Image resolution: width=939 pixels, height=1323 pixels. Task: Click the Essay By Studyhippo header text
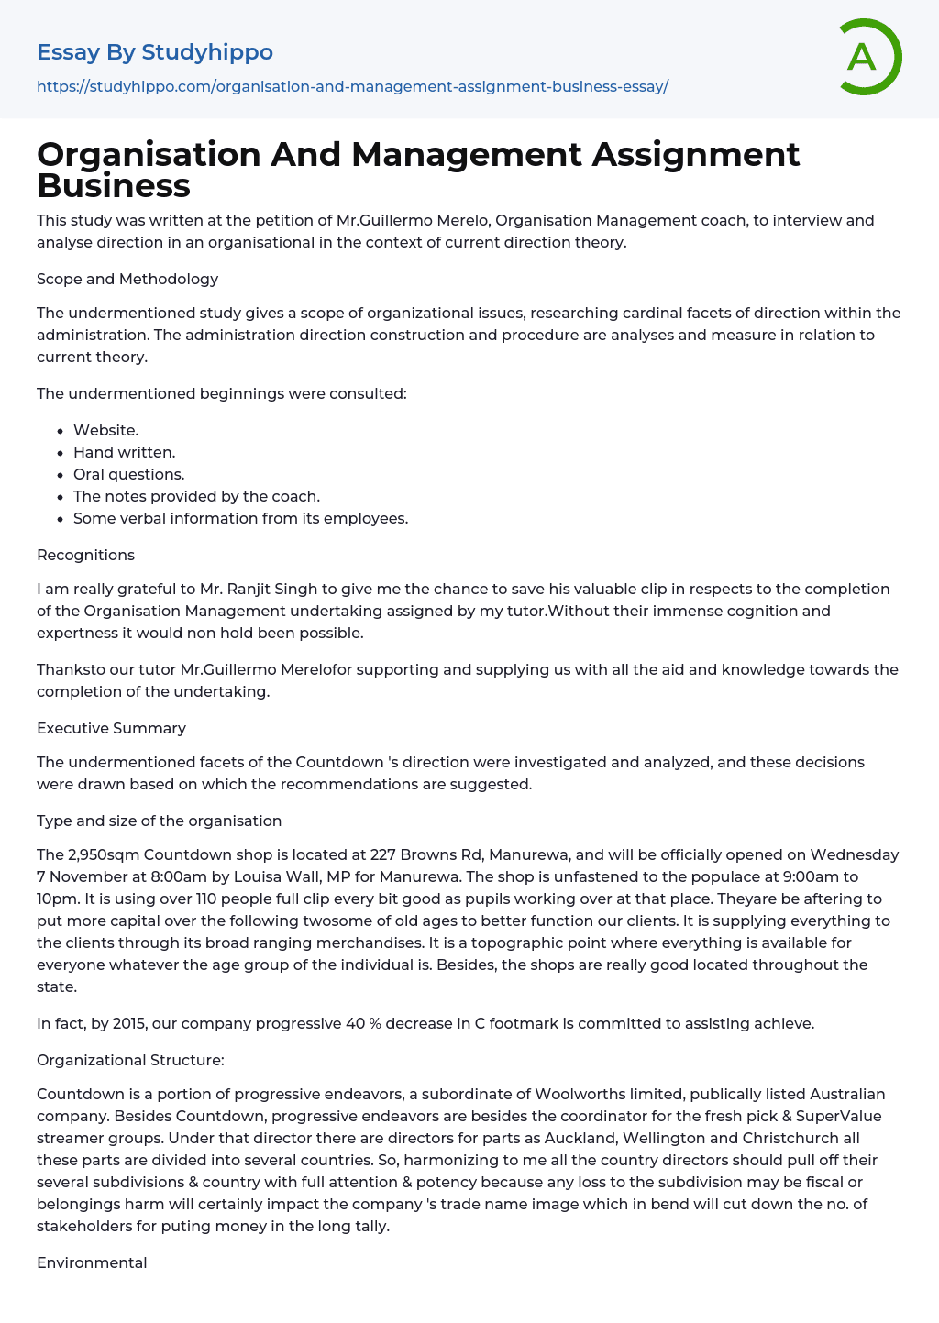[155, 52]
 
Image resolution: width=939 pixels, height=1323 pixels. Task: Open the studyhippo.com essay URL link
[352, 86]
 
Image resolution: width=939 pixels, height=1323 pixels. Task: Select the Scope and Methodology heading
[127, 279]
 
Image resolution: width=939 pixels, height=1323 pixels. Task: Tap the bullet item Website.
[105, 430]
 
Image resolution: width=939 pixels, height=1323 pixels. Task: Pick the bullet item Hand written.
[124, 452]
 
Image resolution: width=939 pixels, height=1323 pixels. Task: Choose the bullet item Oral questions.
[128, 474]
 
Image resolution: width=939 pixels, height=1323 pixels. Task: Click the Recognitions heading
[85, 555]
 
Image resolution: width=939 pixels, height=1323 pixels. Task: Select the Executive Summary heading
[111, 728]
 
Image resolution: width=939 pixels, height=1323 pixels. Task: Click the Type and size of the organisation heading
[159, 821]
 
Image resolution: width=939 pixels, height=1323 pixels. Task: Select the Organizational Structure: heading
[130, 1060]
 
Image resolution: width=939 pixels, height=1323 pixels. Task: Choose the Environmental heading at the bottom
[92, 1262]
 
